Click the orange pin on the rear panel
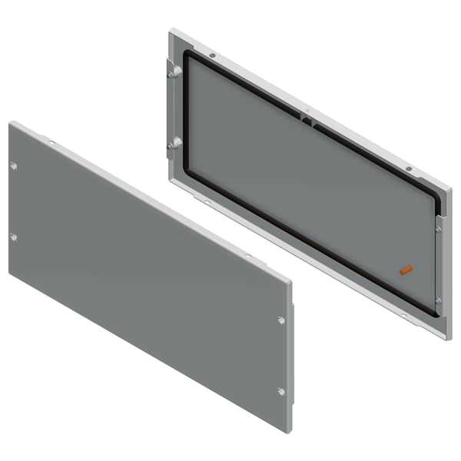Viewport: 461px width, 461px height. [x=407, y=269]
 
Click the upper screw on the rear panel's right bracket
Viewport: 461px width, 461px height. [x=437, y=228]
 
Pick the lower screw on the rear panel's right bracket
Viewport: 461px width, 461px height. [x=437, y=300]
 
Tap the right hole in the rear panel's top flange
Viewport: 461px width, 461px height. [x=410, y=168]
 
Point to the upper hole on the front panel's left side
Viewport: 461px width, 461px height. [x=13, y=164]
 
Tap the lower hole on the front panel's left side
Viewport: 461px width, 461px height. [x=13, y=236]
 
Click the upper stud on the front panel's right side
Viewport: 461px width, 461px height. [x=281, y=320]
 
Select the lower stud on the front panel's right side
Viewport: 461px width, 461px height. [x=281, y=392]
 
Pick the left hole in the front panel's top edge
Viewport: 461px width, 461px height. [x=51, y=143]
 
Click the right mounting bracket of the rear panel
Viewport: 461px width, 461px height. [x=439, y=265]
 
